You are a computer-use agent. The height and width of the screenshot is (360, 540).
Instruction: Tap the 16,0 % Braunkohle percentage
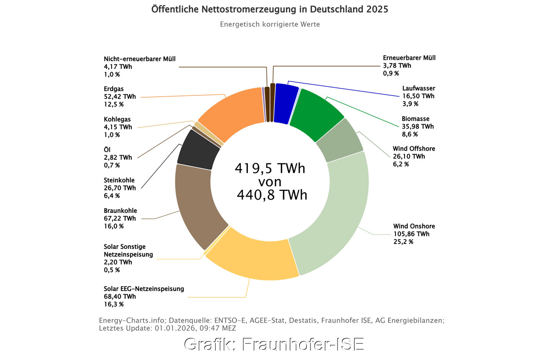click(x=113, y=226)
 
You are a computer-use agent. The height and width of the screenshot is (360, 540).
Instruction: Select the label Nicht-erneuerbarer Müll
click(x=139, y=59)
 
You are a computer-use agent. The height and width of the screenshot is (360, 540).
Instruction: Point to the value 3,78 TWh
click(x=397, y=66)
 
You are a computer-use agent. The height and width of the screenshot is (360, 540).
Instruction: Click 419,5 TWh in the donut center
click(x=270, y=169)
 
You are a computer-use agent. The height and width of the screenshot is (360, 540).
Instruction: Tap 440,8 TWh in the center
click(x=272, y=195)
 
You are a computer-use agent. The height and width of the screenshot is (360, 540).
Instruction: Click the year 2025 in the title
click(x=377, y=9)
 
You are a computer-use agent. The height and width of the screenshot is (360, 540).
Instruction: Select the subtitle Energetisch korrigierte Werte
click(x=270, y=24)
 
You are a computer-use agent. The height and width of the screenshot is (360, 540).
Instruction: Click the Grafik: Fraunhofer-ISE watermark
click(x=274, y=344)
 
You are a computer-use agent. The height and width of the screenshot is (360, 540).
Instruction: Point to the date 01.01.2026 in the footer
click(x=171, y=328)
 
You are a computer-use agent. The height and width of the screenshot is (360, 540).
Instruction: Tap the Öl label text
click(x=107, y=149)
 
